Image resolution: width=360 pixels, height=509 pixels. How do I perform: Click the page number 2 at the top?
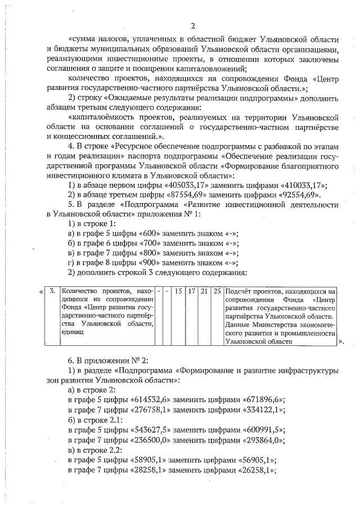coord(192,26)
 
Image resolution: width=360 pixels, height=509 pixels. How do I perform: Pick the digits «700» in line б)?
coord(150,244)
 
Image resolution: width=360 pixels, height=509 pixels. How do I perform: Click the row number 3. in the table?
coord(52,291)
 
